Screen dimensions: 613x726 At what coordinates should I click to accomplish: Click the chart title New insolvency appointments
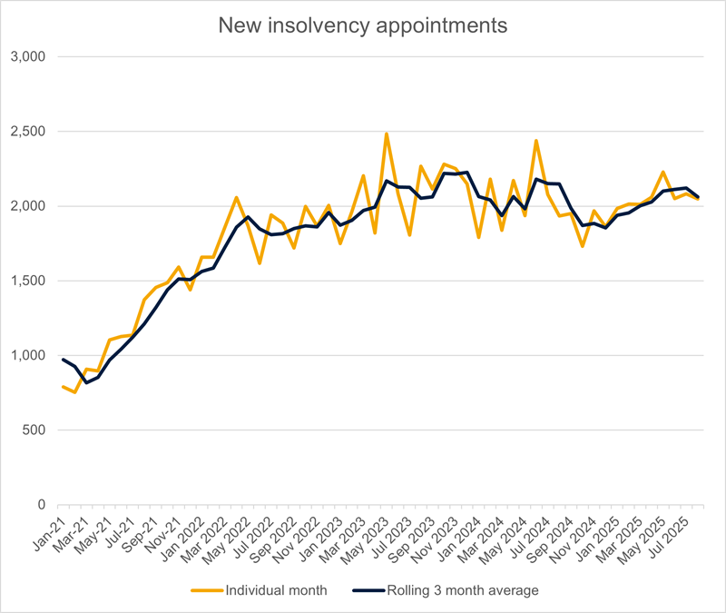[x=363, y=25]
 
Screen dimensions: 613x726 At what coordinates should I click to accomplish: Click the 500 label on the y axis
[x=34, y=430]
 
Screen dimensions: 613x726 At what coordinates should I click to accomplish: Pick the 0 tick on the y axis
[x=41, y=505]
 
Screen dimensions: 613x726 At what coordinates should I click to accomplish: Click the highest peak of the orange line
[x=387, y=134]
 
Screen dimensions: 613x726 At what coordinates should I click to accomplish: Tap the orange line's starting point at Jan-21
[x=63, y=387]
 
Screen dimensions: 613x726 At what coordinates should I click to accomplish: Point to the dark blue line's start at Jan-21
[x=63, y=360]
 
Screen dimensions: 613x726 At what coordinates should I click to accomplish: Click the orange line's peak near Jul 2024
[x=536, y=141]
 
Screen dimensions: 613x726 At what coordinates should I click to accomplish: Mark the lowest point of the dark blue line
[x=87, y=382]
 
